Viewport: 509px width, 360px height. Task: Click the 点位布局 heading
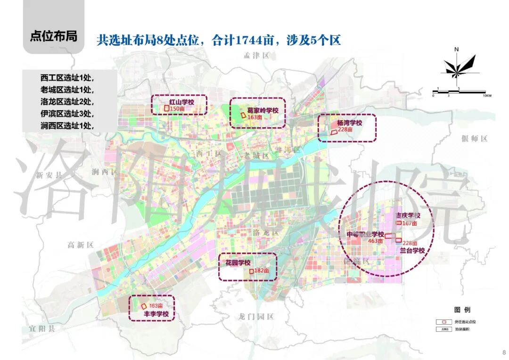53,36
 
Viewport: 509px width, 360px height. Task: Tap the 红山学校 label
181,102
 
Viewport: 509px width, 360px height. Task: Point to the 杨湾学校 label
349,123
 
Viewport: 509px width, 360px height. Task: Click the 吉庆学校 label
408,215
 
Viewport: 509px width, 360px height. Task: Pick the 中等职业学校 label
365,234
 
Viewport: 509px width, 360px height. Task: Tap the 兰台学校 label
412,251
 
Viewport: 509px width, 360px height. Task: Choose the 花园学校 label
238,262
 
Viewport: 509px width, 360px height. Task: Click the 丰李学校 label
156,313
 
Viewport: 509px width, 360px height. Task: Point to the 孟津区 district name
256,56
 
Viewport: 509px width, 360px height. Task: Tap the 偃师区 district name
474,138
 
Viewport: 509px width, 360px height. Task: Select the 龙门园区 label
256,317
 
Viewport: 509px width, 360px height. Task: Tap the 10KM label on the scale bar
487,96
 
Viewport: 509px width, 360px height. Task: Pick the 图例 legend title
462,310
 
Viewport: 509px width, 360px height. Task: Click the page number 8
503,352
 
